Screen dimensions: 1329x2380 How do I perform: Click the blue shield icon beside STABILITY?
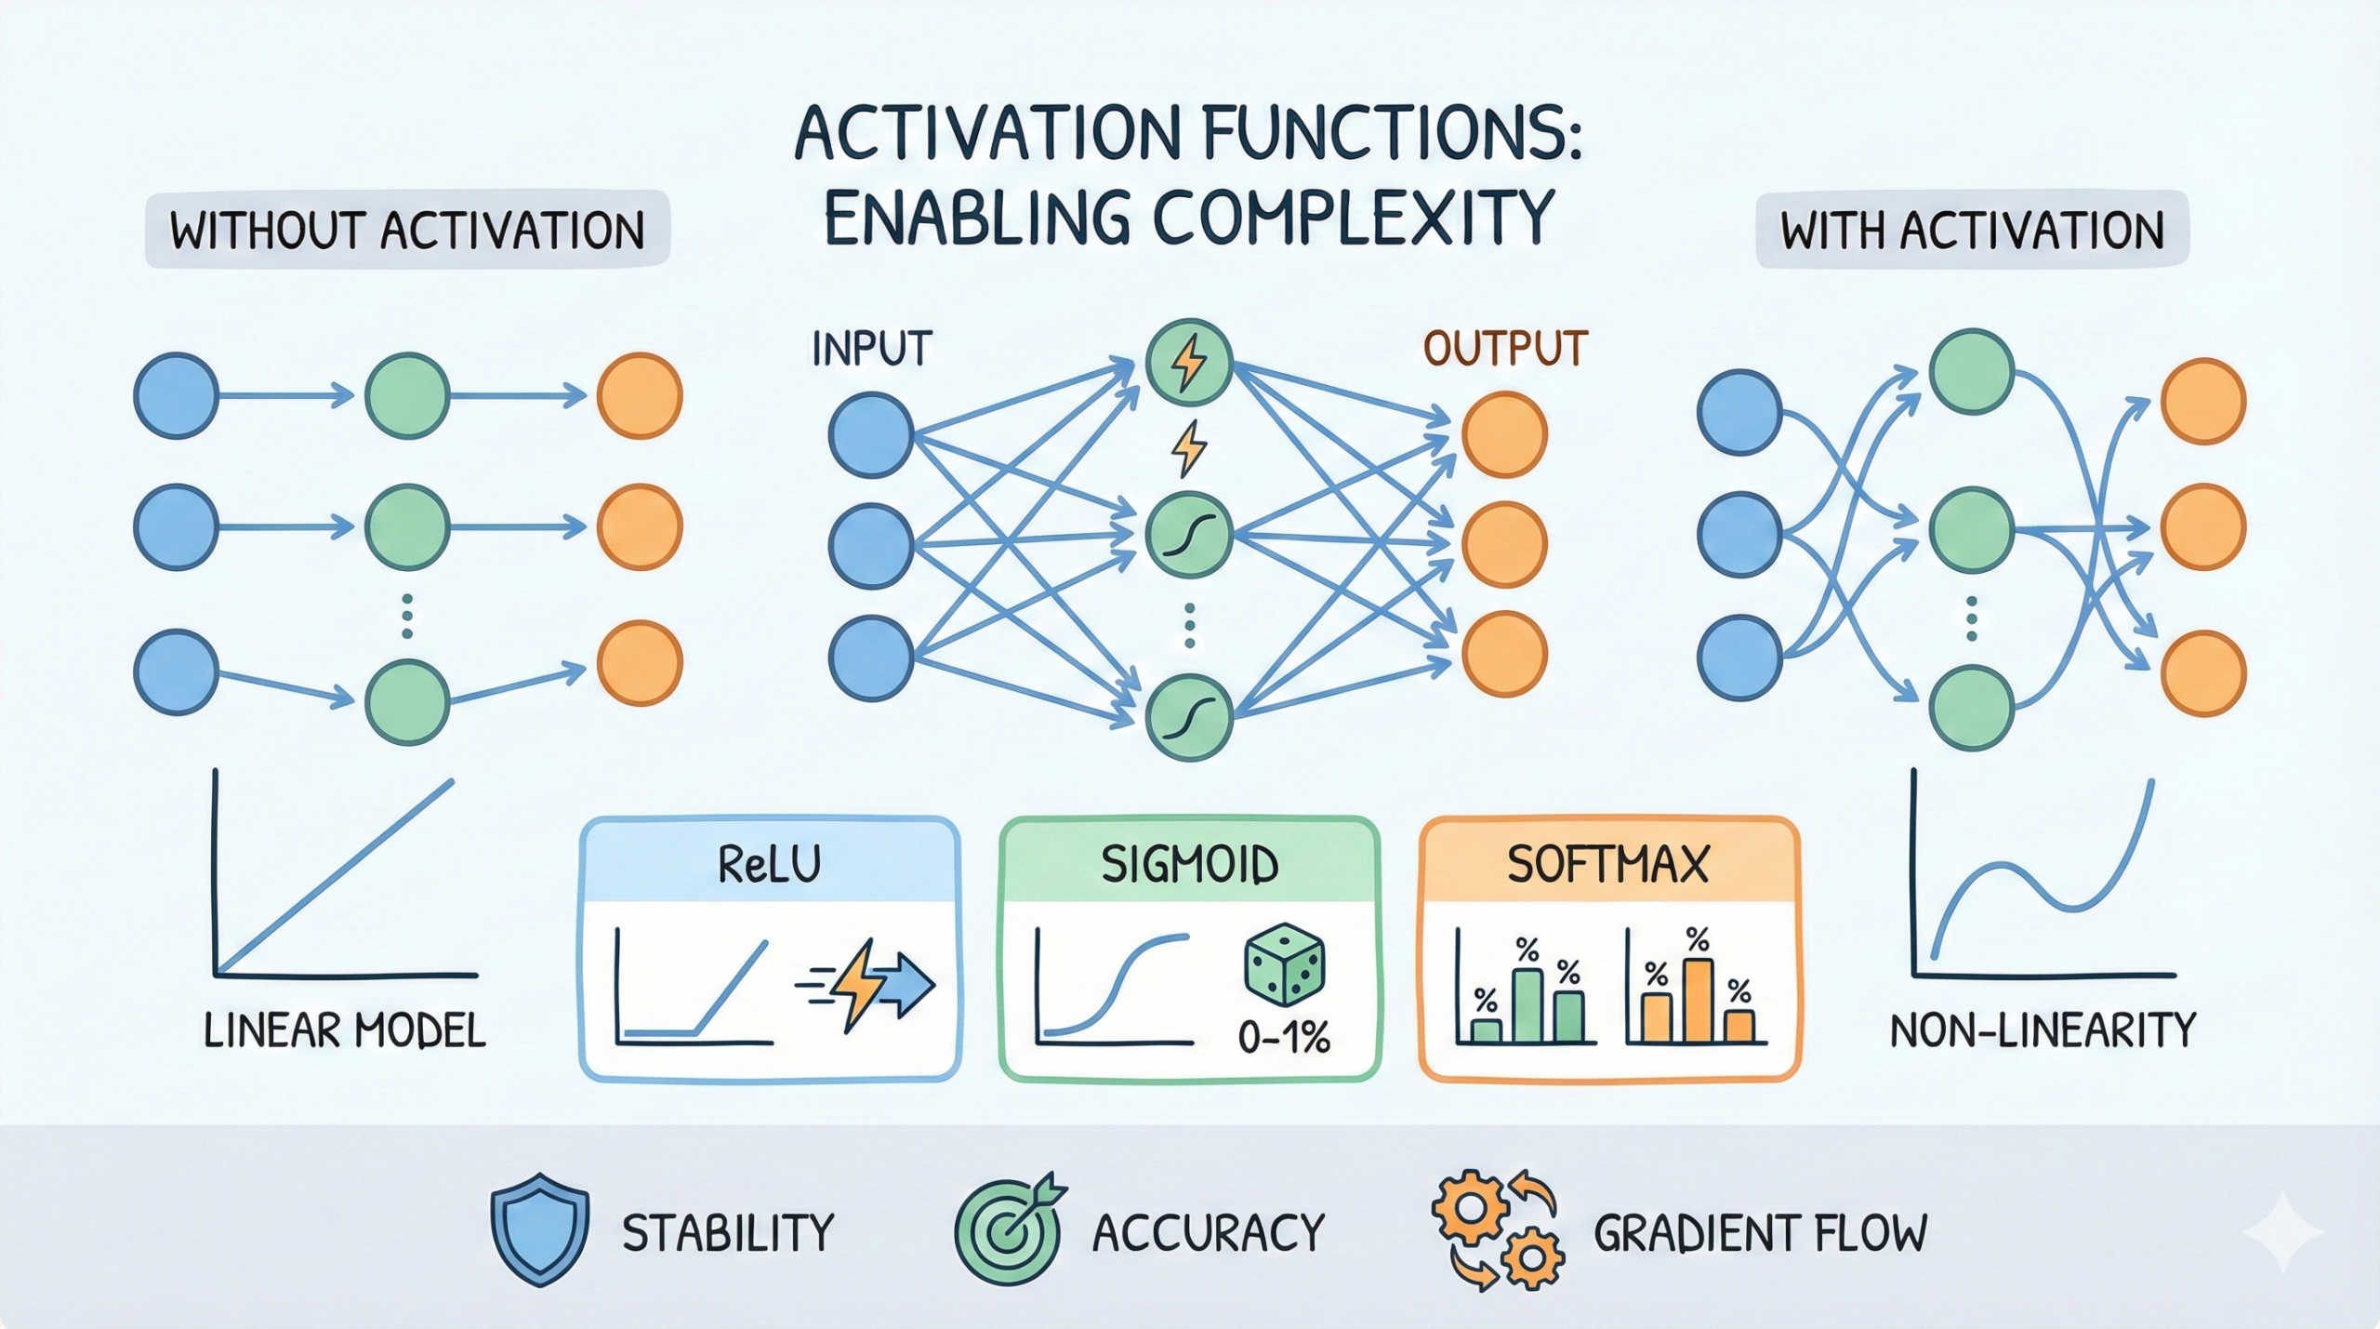539,1229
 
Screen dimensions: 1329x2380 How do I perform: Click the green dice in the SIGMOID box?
1284,964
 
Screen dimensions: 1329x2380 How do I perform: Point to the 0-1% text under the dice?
1284,1036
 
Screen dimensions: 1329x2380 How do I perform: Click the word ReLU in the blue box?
770,864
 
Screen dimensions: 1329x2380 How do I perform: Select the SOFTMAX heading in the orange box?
1608,864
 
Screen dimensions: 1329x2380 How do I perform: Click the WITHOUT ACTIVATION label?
407,230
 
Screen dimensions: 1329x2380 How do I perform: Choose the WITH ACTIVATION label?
1972,230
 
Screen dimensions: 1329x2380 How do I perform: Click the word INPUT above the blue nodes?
871,349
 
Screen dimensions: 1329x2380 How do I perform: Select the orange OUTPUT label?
1505,349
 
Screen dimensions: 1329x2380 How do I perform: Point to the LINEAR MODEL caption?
345,1030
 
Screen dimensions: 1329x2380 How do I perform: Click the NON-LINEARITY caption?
2043,1030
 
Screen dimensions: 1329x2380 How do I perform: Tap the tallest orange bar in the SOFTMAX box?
1697,1000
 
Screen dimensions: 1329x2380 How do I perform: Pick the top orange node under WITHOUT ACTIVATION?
640,395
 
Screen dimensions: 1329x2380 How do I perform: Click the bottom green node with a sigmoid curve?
1188,717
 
